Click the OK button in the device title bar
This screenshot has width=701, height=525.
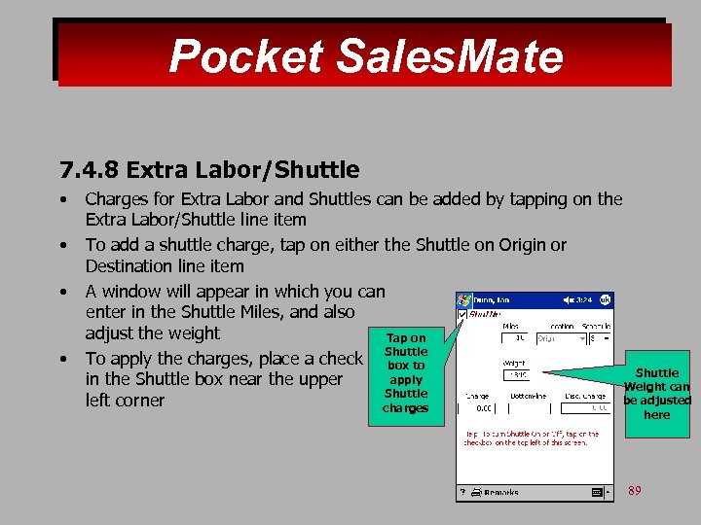[605, 299]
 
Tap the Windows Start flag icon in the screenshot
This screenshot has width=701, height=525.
[464, 299]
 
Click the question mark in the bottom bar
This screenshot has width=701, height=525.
[462, 494]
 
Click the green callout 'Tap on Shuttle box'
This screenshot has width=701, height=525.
[405, 373]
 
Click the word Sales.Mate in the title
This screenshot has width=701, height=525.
[449, 56]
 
